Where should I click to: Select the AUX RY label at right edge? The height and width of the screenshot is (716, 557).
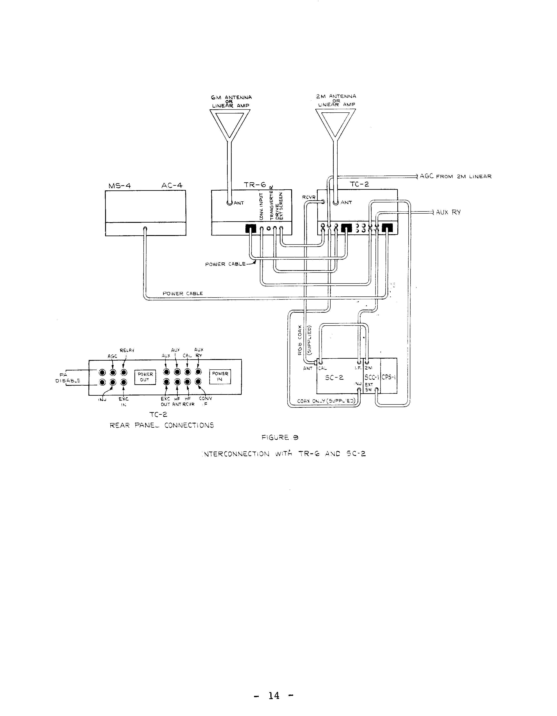point(448,212)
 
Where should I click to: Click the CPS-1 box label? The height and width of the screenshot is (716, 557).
point(389,377)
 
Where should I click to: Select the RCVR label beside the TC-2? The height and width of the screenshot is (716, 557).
point(308,197)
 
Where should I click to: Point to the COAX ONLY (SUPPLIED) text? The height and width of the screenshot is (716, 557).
point(326,401)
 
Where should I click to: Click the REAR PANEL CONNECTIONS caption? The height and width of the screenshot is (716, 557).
point(162,425)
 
